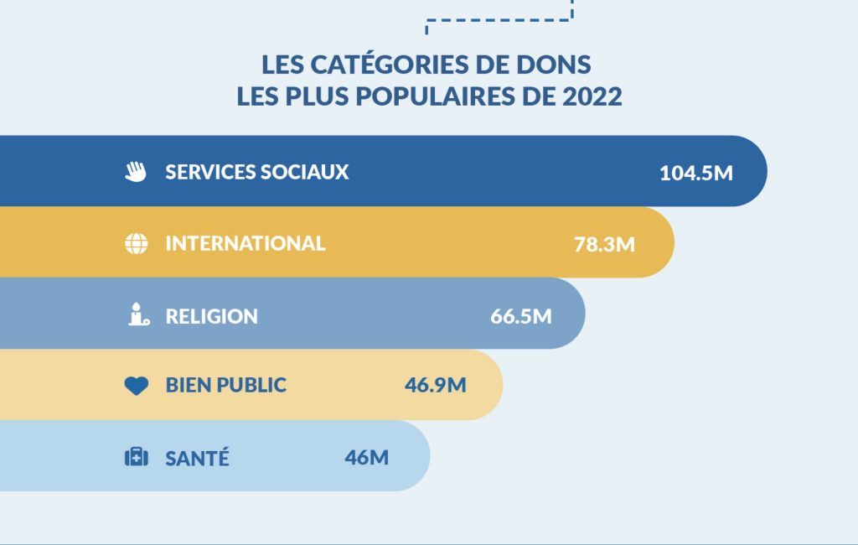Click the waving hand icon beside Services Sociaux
[x=136, y=172]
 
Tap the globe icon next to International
[x=136, y=244]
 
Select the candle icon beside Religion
[x=137, y=315]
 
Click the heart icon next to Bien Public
[x=136, y=386]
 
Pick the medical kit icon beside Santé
[x=136, y=457]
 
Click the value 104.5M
[x=695, y=174]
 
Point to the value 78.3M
[x=604, y=245]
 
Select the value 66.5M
[x=520, y=316]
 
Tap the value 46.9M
[x=435, y=386]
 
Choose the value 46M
[x=366, y=458]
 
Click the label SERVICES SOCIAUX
[x=256, y=172]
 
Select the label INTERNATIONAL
[x=245, y=243]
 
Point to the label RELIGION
[x=211, y=316]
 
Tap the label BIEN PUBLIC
[x=225, y=386]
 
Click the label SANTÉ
[x=197, y=459]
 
